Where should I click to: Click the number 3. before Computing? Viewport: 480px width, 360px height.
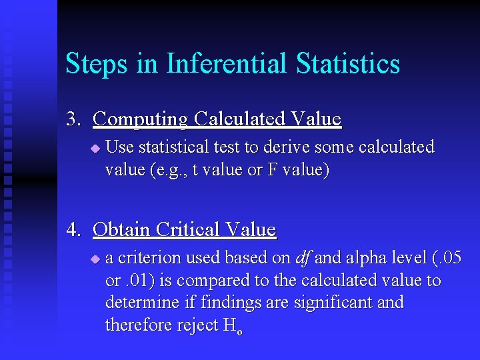pos(73,119)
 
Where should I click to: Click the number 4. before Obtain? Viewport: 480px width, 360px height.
pos(73,230)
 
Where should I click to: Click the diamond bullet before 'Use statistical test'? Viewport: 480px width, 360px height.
pos(95,147)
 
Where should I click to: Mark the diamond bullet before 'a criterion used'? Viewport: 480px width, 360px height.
pos(95,258)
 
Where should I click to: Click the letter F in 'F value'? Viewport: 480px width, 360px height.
pos(271,170)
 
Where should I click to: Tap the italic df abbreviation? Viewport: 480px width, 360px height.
pos(303,257)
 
